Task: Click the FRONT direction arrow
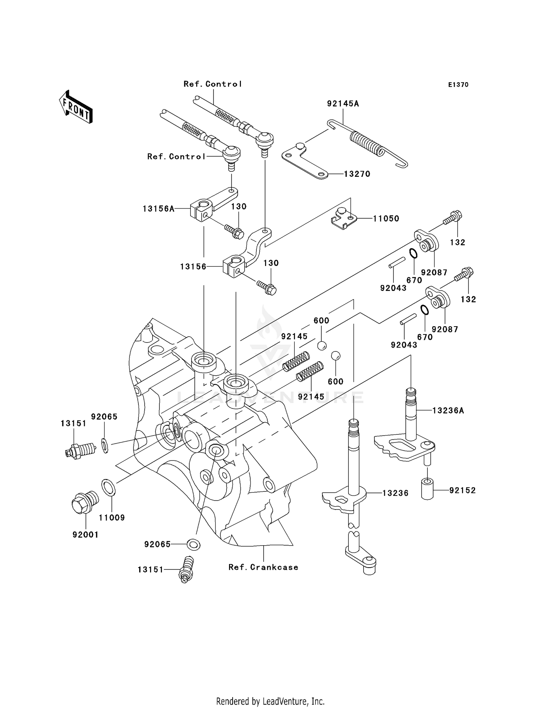76,108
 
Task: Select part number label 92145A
343,104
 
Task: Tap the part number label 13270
357,174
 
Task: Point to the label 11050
386,219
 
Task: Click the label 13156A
158,209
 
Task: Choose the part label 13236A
448,411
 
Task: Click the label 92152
462,490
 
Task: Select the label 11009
112,518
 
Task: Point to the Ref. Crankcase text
263,567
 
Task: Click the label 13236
395,493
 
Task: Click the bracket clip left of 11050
344,218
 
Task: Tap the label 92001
85,535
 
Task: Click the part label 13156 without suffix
193,267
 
